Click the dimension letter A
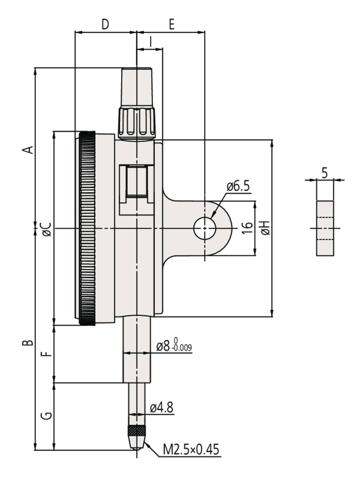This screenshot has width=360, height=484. pyautogui.click(x=26, y=148)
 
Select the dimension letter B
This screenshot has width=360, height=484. pyautogui.click(x=26, y=343)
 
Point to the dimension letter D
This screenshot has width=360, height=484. pyautogui.click(x=105, y=25)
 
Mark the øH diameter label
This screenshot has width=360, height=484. pyautogui.click(x=266, y=228)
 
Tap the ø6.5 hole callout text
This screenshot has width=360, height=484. pyautogui.click(x=238, y=187)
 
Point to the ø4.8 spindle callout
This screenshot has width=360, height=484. pyautogui.click(x=161, y=408)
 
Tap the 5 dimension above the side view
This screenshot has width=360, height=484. pyautogui.click(x=324, y=173)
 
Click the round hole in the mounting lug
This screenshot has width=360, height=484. pyautogui.click(x=205, y=228)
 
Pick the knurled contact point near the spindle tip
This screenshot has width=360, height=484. pyautogui.click(x=137, y=432)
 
